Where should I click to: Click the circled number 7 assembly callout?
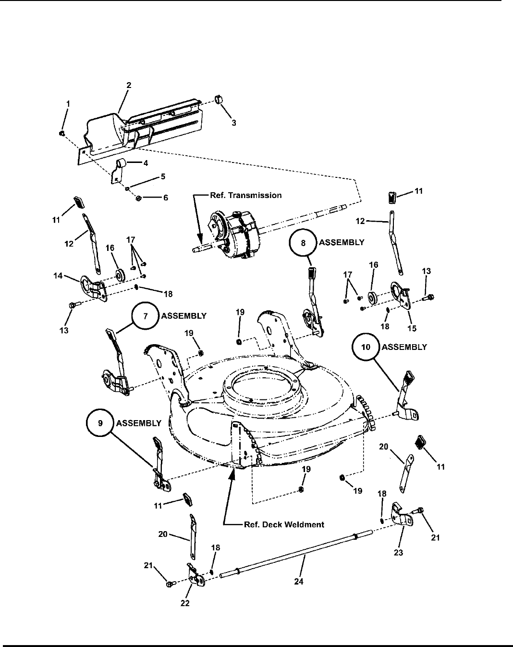click(x=146, y=316)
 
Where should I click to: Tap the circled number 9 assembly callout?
click(x=100, y=423)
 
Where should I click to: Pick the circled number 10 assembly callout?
click(x=366, y=347)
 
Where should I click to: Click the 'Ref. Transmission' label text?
click(x=245, y=195)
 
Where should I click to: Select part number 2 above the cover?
click(x=129, y=85)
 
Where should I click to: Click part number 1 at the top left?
click(x=68, y=103)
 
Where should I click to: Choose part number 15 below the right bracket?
click(x=412, y=328)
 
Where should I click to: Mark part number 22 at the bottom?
click(x=185, y=604)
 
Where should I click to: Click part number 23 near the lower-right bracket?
click(x=398, y=553)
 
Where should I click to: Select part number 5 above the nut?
click(x=163, y=176)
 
